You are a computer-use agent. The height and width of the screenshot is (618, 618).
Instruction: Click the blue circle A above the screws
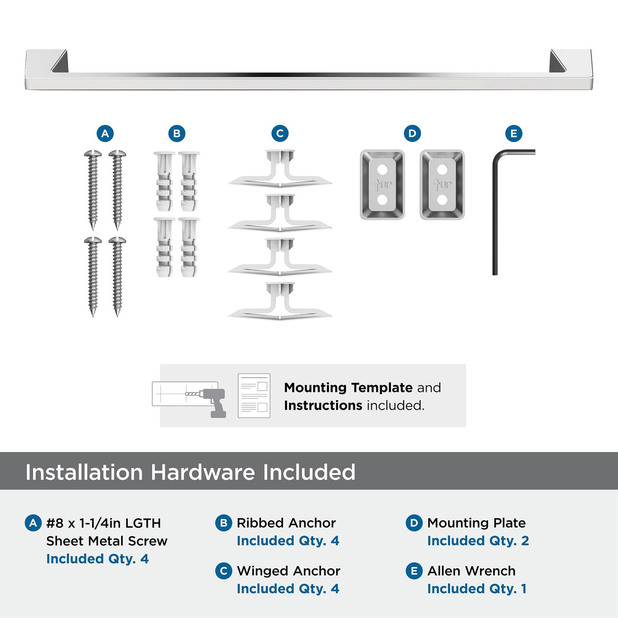[105, 133]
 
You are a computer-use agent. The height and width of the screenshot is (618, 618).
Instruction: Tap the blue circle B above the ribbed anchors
[177, 133]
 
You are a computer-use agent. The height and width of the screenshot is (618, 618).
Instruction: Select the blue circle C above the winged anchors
[279, 133]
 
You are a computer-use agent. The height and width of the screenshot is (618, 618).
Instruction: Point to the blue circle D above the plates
[412, 133]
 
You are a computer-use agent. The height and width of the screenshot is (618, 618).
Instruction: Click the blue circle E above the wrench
[514, 133]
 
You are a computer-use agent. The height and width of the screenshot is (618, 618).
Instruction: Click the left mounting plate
[382, 185]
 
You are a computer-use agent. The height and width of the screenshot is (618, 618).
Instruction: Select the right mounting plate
[442, 185]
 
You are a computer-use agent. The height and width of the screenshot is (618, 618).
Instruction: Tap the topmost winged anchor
[279, 169]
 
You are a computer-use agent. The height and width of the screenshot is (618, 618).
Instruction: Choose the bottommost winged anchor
[279, 302]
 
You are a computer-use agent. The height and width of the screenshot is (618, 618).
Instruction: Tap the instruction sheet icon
[254, 396]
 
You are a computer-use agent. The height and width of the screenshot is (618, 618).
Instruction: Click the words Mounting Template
[348, 387]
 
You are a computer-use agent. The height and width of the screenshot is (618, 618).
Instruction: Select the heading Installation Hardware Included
[190, 472]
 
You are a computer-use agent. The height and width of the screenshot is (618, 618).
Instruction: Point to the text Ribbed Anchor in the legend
[286, 523]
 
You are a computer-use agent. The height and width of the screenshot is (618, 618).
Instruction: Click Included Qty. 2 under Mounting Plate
[478, 541]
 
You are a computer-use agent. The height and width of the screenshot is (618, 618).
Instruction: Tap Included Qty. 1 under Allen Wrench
[476, 589]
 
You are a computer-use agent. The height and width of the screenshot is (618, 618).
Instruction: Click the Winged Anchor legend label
[288, 571]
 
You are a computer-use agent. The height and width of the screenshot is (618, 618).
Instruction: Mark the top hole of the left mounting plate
[382, 169]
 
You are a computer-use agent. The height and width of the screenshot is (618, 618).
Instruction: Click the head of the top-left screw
[93, 153]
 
